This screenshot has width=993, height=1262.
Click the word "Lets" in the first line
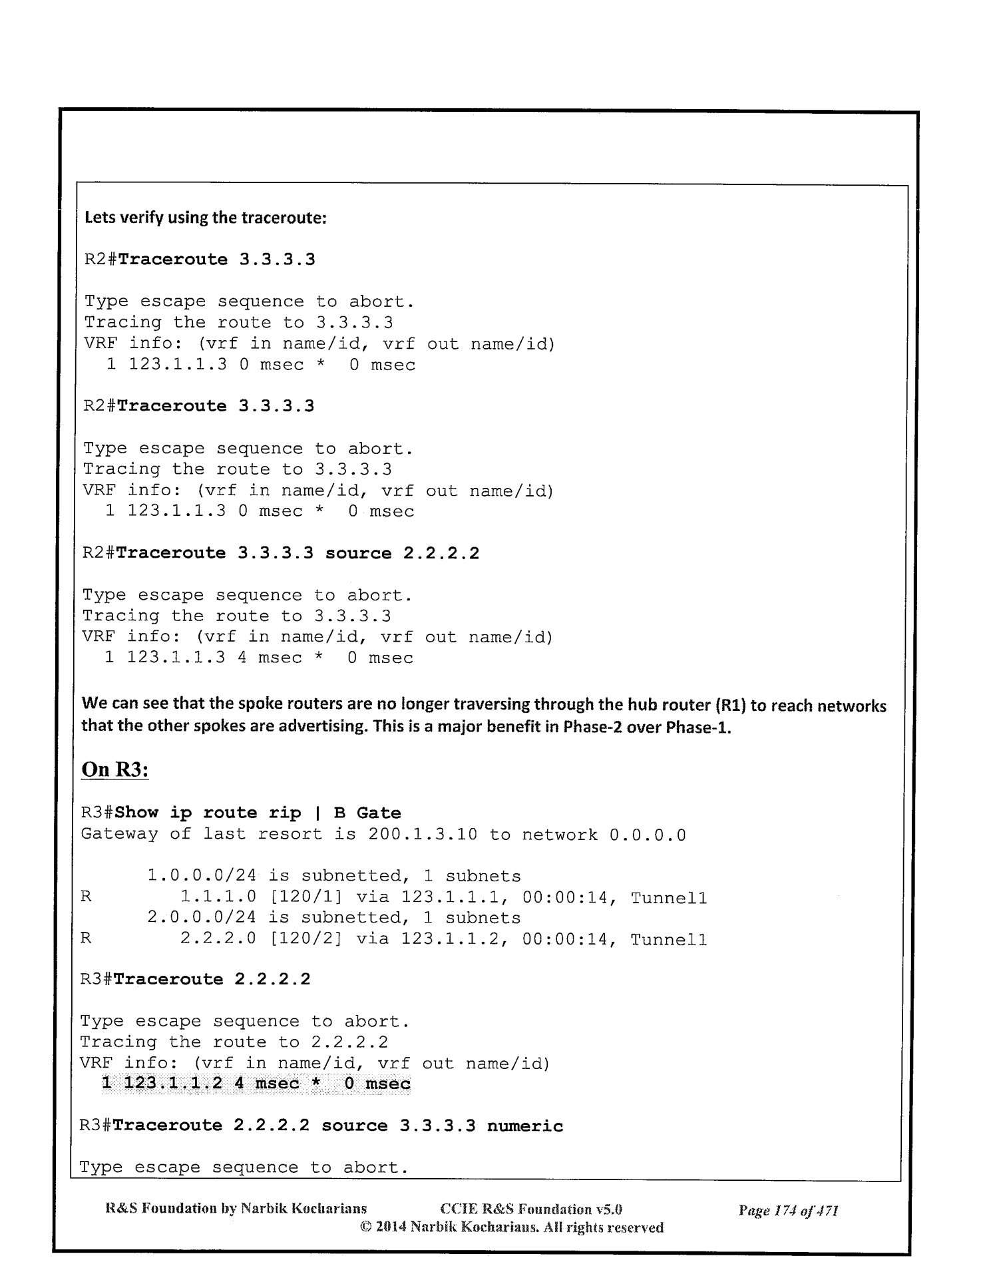point(97,218)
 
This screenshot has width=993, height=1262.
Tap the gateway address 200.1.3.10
point(423,834)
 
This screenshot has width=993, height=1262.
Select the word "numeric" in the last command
point(525,1126)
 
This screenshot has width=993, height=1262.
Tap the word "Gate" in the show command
point(379,813)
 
